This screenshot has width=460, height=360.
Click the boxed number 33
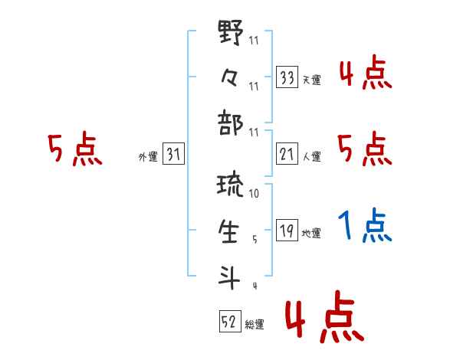(x=287, y=77)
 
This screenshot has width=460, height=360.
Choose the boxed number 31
(x=173, y=155)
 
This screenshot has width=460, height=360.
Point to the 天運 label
(x=312, y=80)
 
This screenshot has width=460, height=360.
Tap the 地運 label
(x=312, y=234)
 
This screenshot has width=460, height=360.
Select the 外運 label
(x=148, y=157)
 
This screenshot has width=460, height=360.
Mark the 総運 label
(x=255, y=324)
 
